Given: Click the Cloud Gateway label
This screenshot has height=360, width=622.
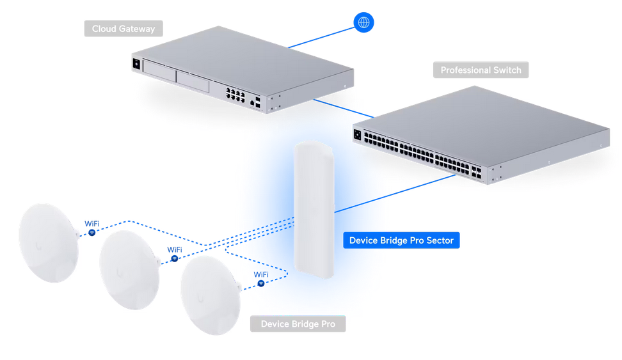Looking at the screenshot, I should point(124,29).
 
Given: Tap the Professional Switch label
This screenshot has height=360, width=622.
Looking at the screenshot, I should point(481,70).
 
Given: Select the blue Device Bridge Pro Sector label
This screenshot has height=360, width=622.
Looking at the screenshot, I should point(401,240).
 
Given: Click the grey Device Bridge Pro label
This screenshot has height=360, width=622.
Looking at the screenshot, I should point(298,324).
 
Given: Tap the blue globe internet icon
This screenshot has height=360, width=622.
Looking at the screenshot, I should point(363,23).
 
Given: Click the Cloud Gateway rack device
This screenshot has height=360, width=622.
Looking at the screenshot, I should point(243,64).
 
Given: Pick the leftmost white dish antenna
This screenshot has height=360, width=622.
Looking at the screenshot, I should point(48,242).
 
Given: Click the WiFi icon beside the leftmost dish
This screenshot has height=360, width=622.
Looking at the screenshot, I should point(92,233).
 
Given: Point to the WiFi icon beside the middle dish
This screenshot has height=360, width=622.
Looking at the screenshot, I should point(175,258).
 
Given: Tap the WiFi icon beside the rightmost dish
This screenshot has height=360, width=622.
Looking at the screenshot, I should point(261,283).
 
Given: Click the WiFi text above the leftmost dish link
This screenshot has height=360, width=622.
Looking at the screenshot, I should point(92,224).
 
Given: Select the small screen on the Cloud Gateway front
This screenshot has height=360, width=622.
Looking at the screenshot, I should point(136,63).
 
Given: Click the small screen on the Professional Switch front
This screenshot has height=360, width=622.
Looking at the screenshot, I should point(356,134).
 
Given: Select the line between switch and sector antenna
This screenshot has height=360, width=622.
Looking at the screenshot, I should point(397,192).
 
